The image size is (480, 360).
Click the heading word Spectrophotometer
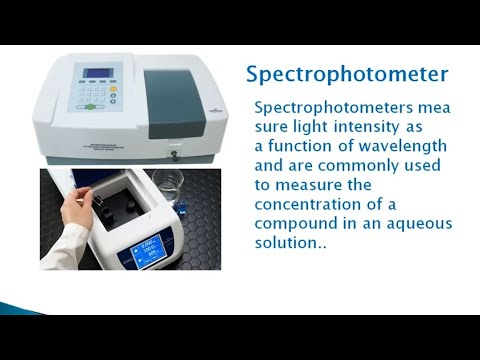point(346,75)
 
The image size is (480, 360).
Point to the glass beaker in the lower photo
point(198,193)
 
